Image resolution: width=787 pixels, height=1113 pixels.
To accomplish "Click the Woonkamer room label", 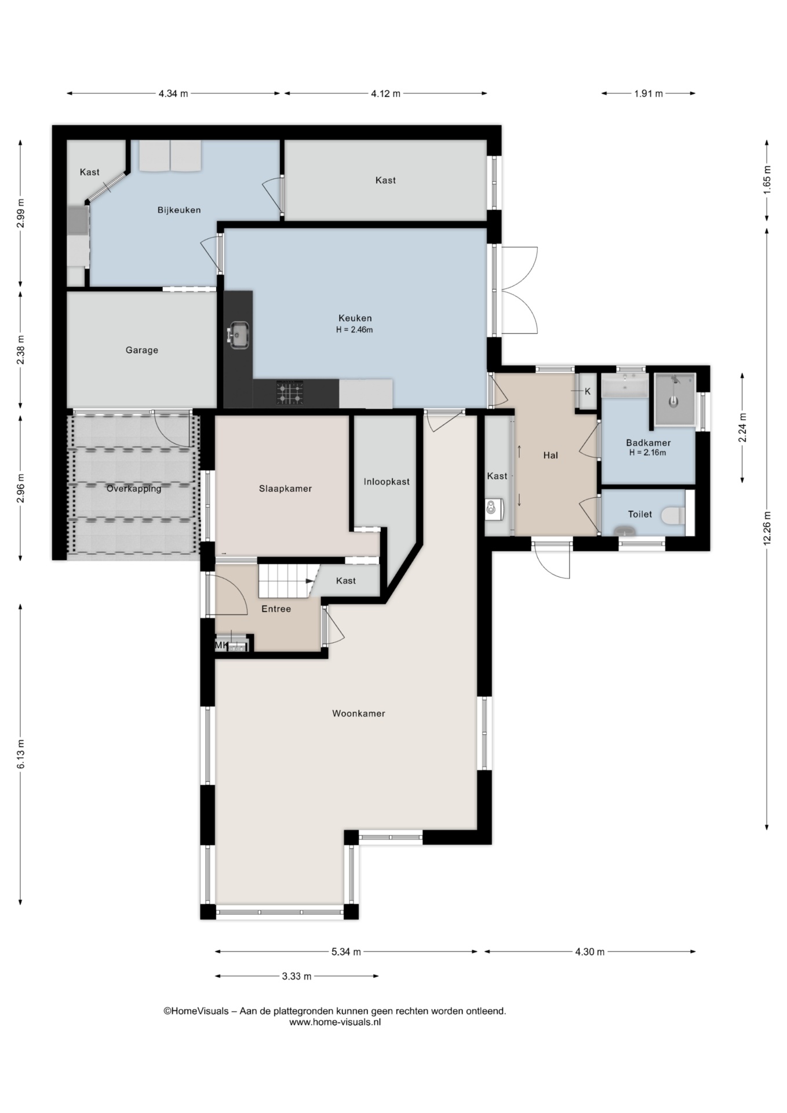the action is click(x=358, y=714).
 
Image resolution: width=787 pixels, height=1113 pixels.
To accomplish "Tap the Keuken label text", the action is click(x=355, y=318).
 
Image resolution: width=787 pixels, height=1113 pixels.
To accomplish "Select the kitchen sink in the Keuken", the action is click(x=238, y=334).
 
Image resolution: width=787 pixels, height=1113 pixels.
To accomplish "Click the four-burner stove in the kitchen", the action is click(x=290, y=393).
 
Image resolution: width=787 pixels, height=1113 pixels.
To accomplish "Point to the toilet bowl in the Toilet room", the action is click(x=675, y=515).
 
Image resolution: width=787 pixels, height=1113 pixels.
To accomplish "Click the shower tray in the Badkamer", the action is click(x=675, y=399).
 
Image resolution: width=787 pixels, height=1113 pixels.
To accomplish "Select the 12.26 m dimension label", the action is click(x=767, y=528).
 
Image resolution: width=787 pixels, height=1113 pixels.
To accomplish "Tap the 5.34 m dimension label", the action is click(x=346, y=951).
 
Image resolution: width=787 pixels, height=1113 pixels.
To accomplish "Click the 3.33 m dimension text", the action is click(x=297, y=976).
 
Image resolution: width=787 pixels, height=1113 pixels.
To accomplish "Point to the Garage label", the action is click(x=142, y=350).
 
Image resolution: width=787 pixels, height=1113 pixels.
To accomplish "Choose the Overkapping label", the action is click(x=134, y=489).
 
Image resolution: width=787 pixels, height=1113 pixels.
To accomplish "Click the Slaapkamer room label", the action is click(x=285, y=489).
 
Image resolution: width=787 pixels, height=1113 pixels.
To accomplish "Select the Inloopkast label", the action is click(x=387, y=482).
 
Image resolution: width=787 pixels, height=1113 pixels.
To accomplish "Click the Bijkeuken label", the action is click(x=179, y=210).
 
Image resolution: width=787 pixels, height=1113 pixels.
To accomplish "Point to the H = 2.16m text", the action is click(x=648, y=453).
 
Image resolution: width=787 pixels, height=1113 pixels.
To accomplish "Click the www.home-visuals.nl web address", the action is click(x=335, y=1022).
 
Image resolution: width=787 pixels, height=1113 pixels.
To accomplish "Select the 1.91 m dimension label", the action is click(x=648, y=93).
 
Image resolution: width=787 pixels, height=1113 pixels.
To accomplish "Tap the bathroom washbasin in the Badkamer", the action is click(x=625, y=385).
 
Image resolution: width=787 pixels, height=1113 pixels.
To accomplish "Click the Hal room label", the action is click(x=551, y=455).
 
